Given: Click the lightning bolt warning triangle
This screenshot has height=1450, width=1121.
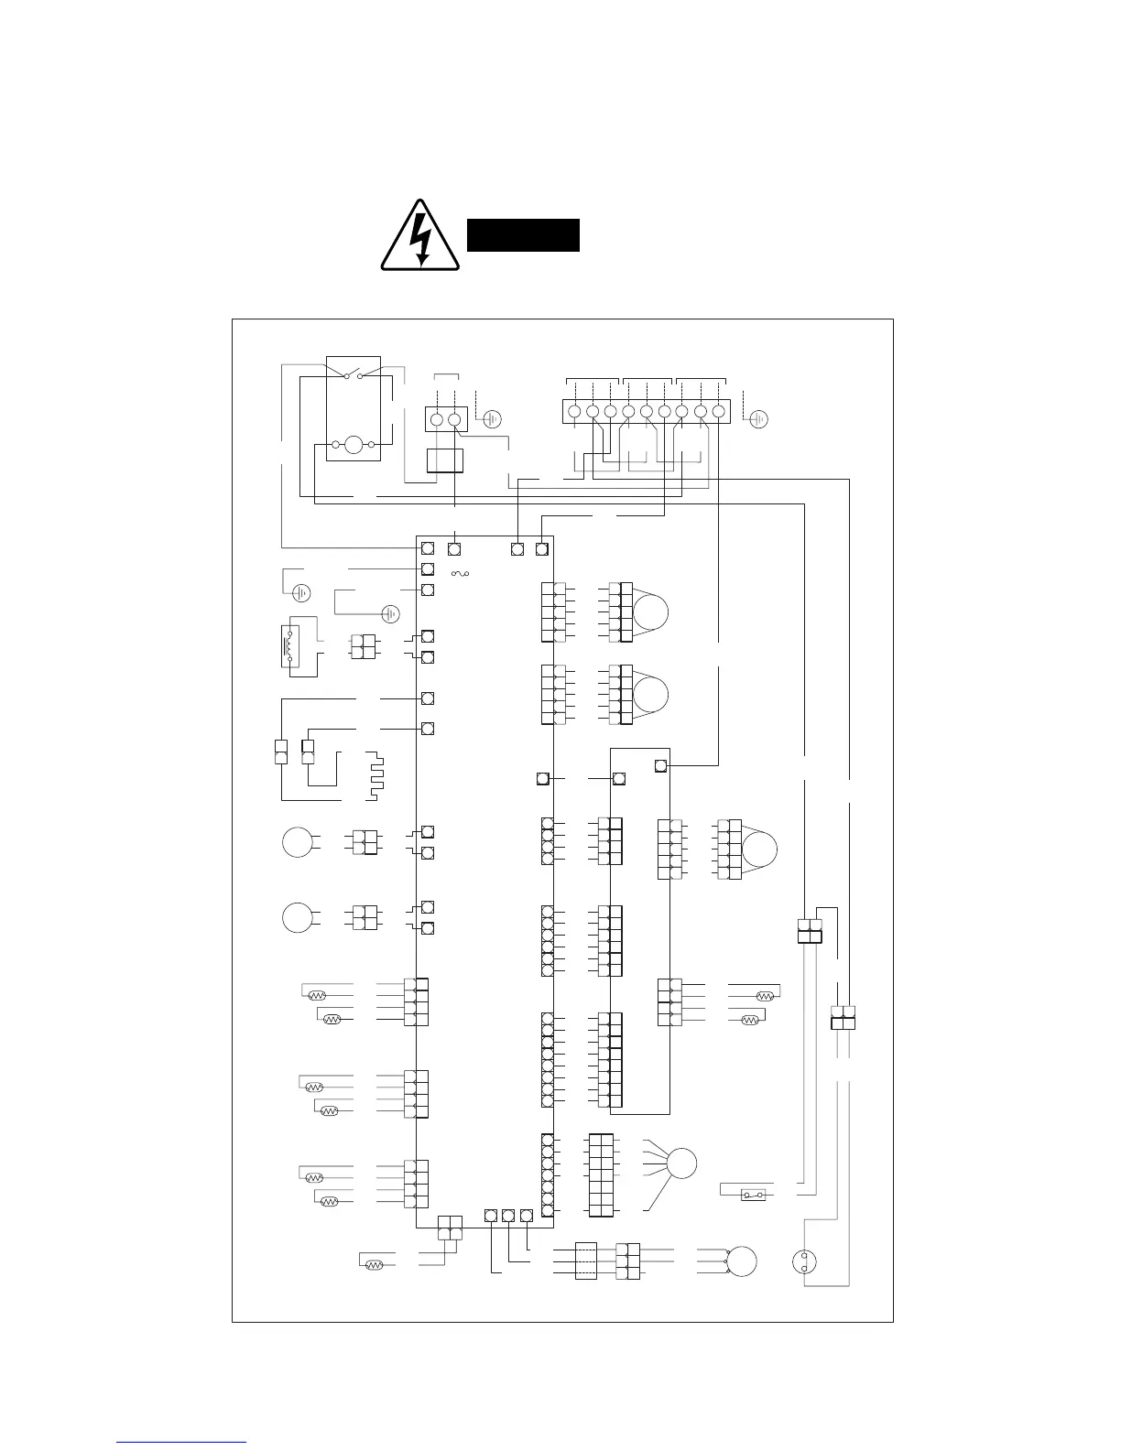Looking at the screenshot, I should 420,238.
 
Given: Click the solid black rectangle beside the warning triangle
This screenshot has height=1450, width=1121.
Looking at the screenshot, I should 523,235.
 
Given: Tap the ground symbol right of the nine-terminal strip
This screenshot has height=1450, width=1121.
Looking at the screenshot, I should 759,419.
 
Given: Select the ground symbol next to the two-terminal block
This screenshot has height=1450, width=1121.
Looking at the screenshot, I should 492,419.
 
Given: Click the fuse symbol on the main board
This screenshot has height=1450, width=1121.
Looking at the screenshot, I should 460,574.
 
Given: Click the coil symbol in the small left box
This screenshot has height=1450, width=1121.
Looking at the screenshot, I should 291,646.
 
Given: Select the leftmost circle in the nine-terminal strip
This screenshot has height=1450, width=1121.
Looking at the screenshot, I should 573,412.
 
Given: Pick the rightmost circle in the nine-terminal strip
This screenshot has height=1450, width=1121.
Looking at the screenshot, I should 719,412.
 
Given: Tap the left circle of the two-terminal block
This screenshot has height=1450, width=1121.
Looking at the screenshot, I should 436,419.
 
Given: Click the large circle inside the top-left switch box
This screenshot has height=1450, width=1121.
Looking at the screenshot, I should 354,446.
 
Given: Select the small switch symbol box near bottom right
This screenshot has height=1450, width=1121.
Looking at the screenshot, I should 753,1196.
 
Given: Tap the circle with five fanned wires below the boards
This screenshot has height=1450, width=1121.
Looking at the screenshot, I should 681,1163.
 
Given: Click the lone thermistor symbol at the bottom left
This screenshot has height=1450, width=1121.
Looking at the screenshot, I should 373,1265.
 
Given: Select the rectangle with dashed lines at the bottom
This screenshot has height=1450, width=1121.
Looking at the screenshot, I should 586,1261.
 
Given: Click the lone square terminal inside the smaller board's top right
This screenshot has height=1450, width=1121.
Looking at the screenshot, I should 661,764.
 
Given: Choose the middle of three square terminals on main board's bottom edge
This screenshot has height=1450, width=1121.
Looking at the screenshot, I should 508,1216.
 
